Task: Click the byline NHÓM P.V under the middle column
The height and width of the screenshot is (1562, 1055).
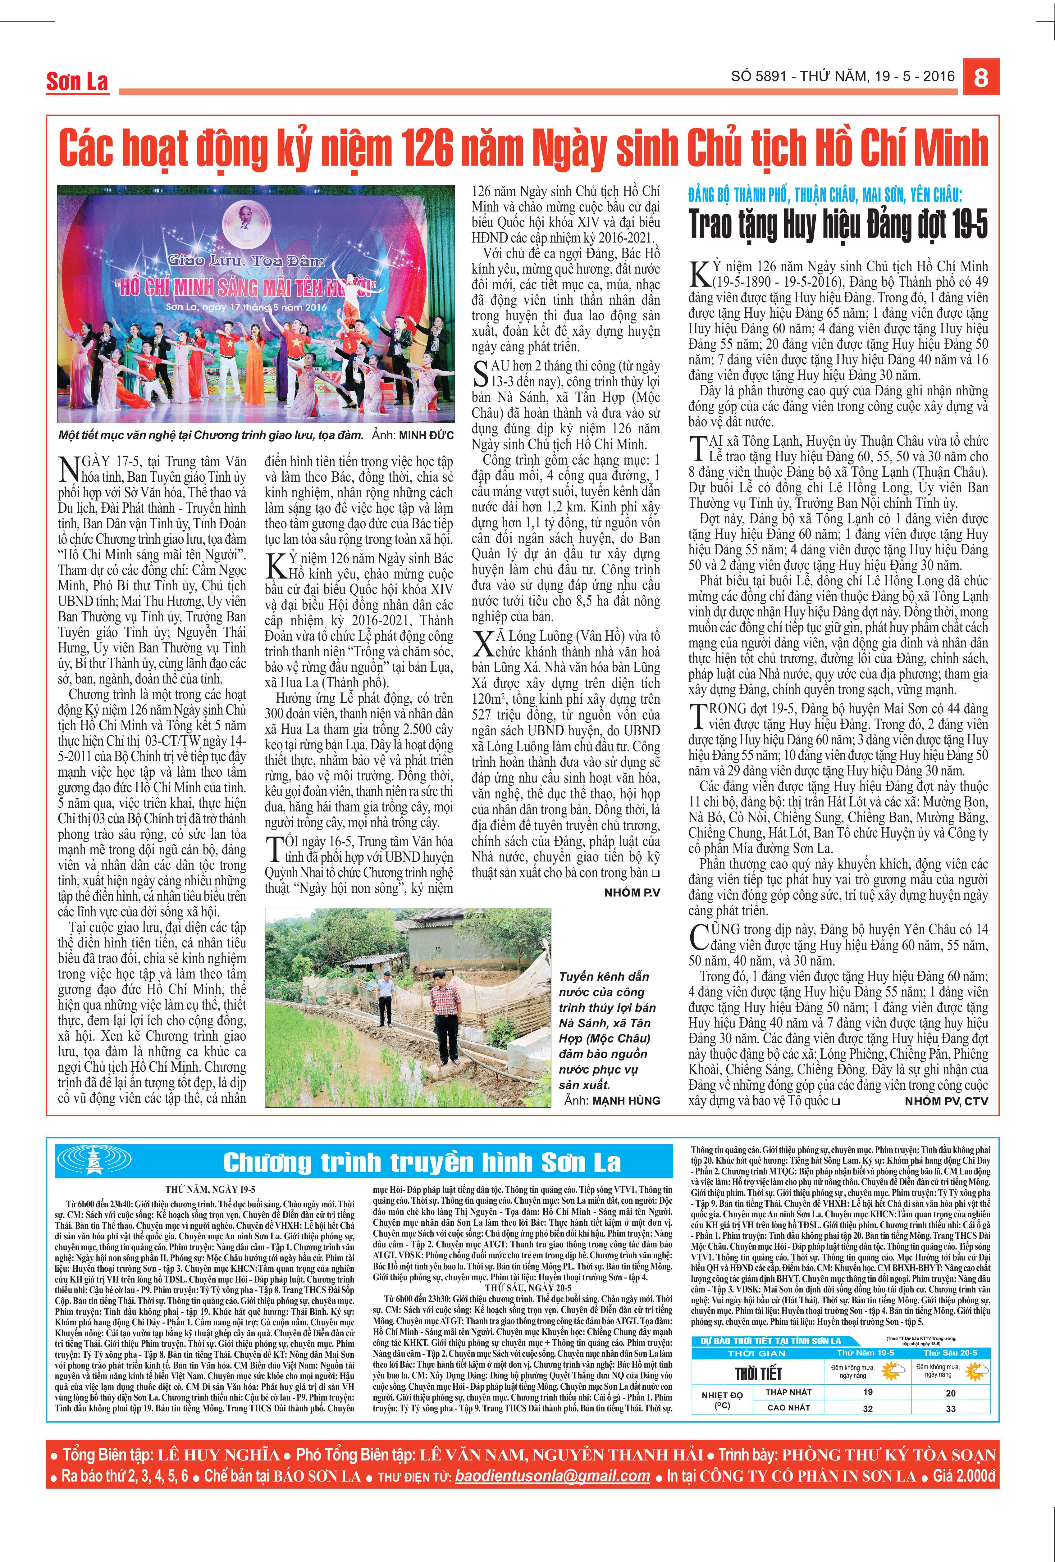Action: click(632, 892)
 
